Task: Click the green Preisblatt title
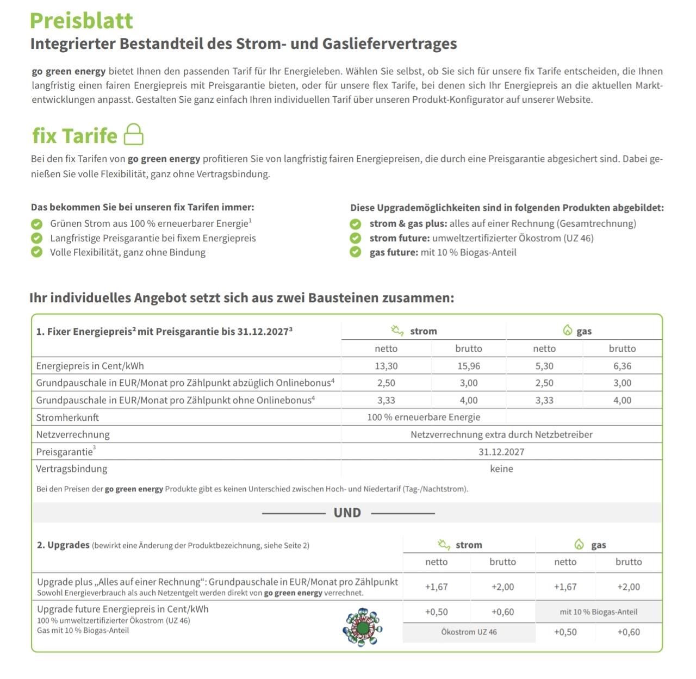point(82,21)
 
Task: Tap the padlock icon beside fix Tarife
point(134,134)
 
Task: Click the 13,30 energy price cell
point(386,366)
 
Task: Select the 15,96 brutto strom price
point(468,366)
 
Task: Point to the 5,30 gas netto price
point(544,366)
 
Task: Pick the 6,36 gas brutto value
point(622,366)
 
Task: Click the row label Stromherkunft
point(67,418)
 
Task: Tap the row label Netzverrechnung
point(73,434)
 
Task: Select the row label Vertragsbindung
point(72,469)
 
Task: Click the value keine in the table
point(501,469)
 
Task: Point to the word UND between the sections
point(347,513)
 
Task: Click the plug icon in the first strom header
point(397,331)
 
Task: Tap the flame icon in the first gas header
point(568,331)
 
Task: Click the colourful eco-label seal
point(363,627)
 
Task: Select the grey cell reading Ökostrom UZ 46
point(469,632)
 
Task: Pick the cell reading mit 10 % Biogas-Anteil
point(599,612)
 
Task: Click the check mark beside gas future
point(356,252)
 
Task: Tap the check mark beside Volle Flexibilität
point(37,252)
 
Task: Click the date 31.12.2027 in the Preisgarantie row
point(501,452)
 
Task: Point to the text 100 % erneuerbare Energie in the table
point(424,418)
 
